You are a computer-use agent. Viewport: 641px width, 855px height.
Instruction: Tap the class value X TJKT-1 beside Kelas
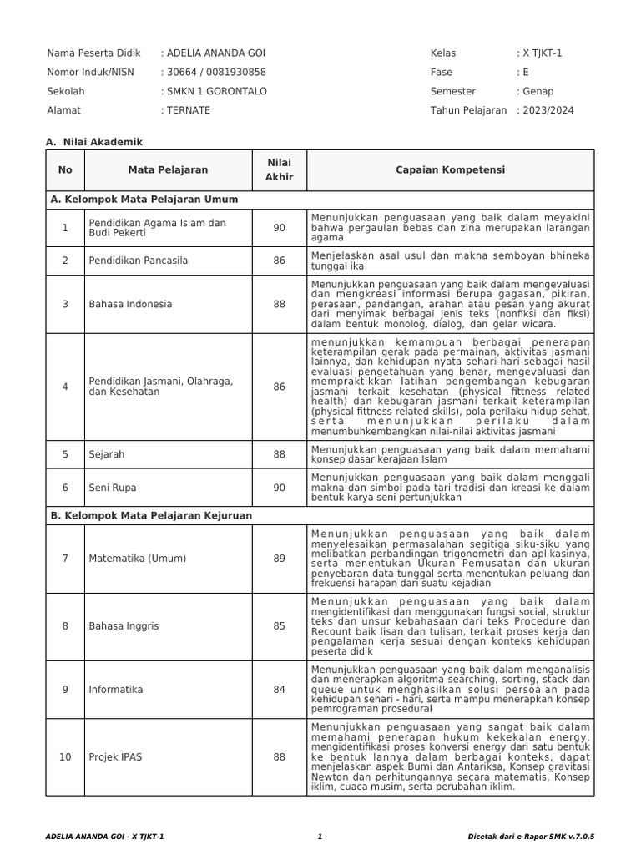[542, 53]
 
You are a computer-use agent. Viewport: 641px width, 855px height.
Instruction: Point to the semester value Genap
[538, 91]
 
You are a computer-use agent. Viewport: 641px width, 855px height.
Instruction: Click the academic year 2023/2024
[548, 110]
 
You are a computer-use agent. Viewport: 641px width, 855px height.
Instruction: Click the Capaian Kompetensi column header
[450, 170]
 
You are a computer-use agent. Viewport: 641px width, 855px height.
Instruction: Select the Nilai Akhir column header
[279, 170]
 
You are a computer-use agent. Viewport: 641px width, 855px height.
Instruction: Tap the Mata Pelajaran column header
[168, 170]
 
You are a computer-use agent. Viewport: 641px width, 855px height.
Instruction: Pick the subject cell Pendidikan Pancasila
[139, 261]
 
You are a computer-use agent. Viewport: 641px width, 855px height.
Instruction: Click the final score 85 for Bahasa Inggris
[279, 625]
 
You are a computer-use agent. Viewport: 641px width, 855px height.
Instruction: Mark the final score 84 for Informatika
[279, 690]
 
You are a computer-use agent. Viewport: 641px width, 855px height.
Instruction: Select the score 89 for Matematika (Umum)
[279, 559]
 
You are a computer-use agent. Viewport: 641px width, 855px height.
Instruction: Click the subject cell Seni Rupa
[113, 488]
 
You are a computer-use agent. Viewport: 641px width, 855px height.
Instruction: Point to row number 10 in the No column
[65, 757]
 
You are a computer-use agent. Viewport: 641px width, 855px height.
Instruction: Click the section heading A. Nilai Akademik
[94, 143]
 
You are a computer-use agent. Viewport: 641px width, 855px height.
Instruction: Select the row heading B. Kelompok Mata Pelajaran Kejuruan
[151, 516]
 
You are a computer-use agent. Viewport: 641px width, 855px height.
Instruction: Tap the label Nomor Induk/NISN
[91, 73]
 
